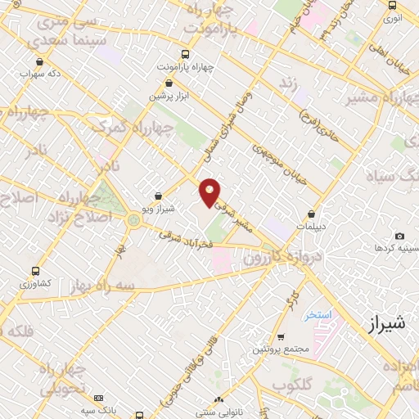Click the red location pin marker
[210, 191]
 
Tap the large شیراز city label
[382, 324]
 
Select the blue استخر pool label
[315, 315]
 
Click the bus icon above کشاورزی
[35, 270]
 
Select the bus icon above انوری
[392, 6]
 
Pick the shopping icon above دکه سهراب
[39, 60]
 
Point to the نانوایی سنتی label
[219, 412]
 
